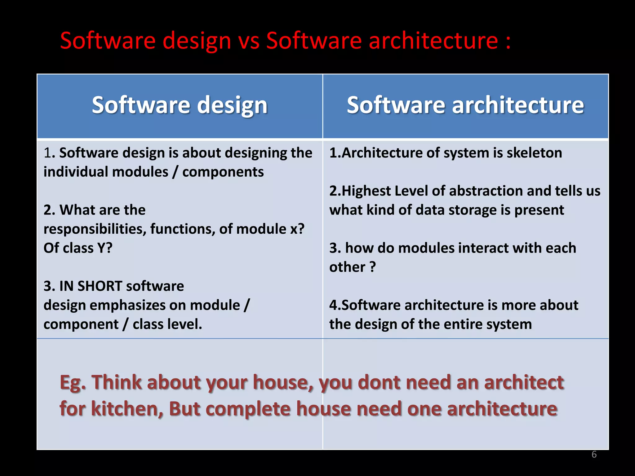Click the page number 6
(x=594, y=454)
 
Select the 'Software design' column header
(x=180, y=105)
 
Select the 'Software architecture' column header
(x=465, y=105)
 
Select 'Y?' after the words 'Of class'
(x=105, y=248)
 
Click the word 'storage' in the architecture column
(x=473, y=210)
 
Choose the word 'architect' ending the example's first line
(x=524, y=383)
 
